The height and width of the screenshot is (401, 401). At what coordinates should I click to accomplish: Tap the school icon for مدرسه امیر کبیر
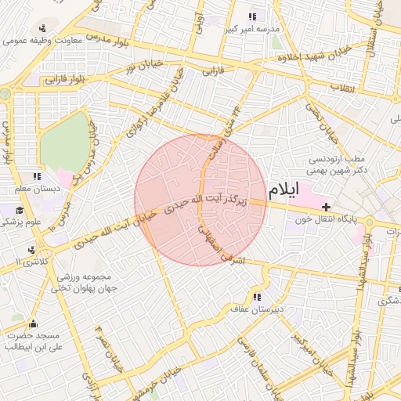pos(252,16)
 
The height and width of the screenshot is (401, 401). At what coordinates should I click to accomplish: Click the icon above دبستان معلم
pos(37,177)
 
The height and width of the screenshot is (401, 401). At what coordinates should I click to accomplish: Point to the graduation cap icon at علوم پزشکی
pos(19,210)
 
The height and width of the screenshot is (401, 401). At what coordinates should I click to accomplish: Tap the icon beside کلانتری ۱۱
pos(31,250)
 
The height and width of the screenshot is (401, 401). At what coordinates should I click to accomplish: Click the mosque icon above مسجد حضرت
pos(32,323)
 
